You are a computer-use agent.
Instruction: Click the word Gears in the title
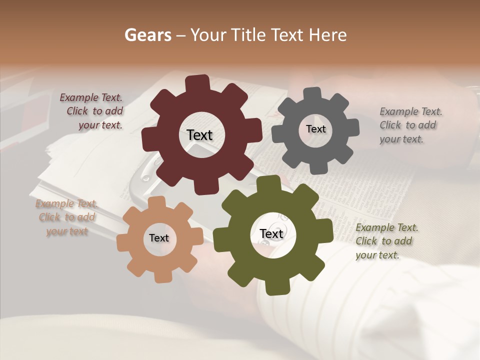(x=147, y=35)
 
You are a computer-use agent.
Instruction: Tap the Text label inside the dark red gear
(x=199, y=135)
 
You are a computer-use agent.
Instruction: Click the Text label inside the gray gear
(x=315, y=129)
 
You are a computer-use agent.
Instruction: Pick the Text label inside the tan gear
(x=159, y=238)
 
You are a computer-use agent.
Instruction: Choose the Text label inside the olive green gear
(x=271, y=234)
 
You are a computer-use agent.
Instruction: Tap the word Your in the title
(x=205, y=35)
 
